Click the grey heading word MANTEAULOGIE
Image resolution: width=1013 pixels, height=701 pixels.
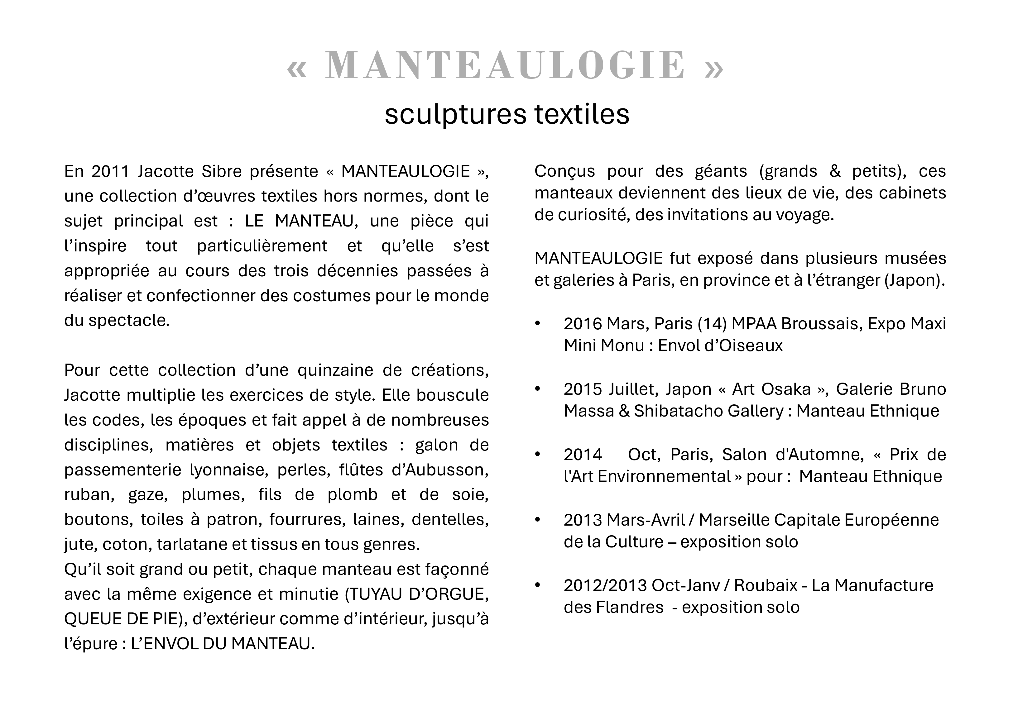click(x=505, y=65)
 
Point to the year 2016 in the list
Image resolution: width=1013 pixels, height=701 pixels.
click(x=583, y=324)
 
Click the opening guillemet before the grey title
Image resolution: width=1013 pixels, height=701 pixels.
click(x=296, y=68)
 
